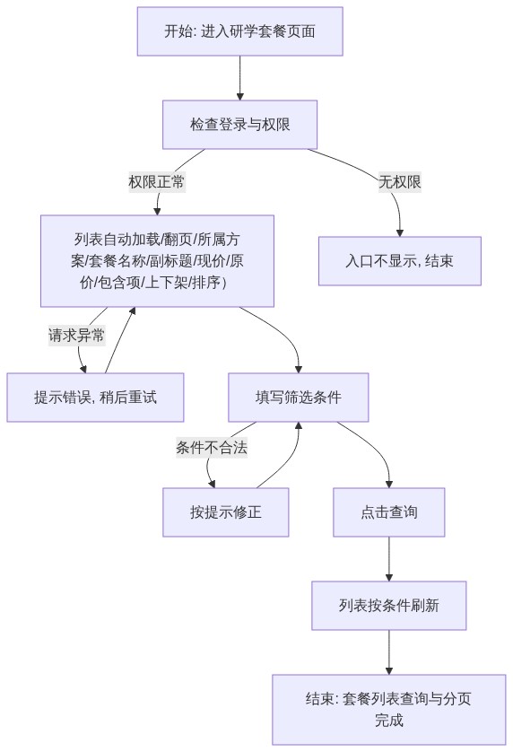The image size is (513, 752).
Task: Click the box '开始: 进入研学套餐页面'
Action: (x=239, y=31)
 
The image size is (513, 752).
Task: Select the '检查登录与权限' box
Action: (x=239, y=125)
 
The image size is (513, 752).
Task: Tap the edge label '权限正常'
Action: (x=157, y=182)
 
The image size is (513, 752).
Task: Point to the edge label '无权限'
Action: (x=400, y=182)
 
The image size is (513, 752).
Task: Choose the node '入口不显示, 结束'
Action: (x=400, y=261)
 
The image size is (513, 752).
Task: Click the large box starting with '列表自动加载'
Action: (x=157, y=261)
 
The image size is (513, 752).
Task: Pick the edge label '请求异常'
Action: (x=77, y=335)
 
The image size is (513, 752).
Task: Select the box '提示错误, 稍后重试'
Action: (x=95, y=398)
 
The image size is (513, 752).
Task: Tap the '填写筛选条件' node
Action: (x=299, y=398)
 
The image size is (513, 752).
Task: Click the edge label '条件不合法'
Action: (x=212, y=448)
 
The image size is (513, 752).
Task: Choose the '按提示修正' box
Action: (x=226, y=512)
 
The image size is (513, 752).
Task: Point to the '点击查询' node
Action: (x=389, y=512)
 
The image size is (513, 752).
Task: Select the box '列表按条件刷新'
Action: (x=389, y=606)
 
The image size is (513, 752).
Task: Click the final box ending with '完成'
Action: (x=389, y=710)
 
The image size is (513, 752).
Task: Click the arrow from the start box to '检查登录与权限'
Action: (x=239, y=78)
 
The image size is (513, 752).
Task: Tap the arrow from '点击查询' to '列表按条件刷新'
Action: (x=389, y=559)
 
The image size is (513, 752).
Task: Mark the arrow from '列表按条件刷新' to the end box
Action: (x=389, y=652)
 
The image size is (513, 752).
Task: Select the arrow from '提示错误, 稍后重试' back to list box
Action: (x=120, y=340)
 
